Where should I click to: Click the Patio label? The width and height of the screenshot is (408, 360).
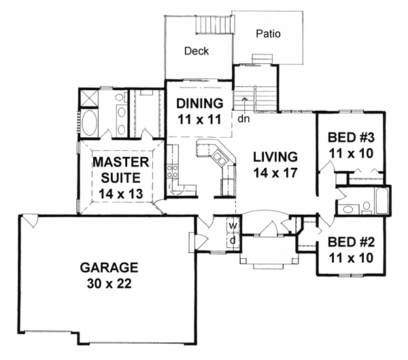268,34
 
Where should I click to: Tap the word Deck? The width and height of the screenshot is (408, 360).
197,51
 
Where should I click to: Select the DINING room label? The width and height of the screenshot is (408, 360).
200,103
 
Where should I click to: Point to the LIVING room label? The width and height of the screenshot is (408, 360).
275,157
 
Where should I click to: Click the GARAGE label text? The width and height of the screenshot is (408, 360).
109,268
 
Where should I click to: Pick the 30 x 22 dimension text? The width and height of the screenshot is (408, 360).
109,283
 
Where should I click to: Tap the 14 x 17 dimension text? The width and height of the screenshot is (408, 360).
275,173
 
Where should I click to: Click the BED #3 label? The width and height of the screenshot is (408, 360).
351,137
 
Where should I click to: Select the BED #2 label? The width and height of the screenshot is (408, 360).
351,242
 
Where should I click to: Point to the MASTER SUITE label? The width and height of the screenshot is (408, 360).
121,170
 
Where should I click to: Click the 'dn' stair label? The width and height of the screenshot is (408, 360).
243,119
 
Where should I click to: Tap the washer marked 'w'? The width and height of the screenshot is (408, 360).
233,225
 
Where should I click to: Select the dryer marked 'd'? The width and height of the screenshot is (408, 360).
233,240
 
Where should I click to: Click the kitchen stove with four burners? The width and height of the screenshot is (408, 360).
173,172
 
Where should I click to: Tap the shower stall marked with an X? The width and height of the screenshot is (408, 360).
89,98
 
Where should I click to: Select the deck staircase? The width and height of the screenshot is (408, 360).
215,24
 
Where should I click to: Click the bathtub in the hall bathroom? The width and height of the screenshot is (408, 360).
381,201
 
